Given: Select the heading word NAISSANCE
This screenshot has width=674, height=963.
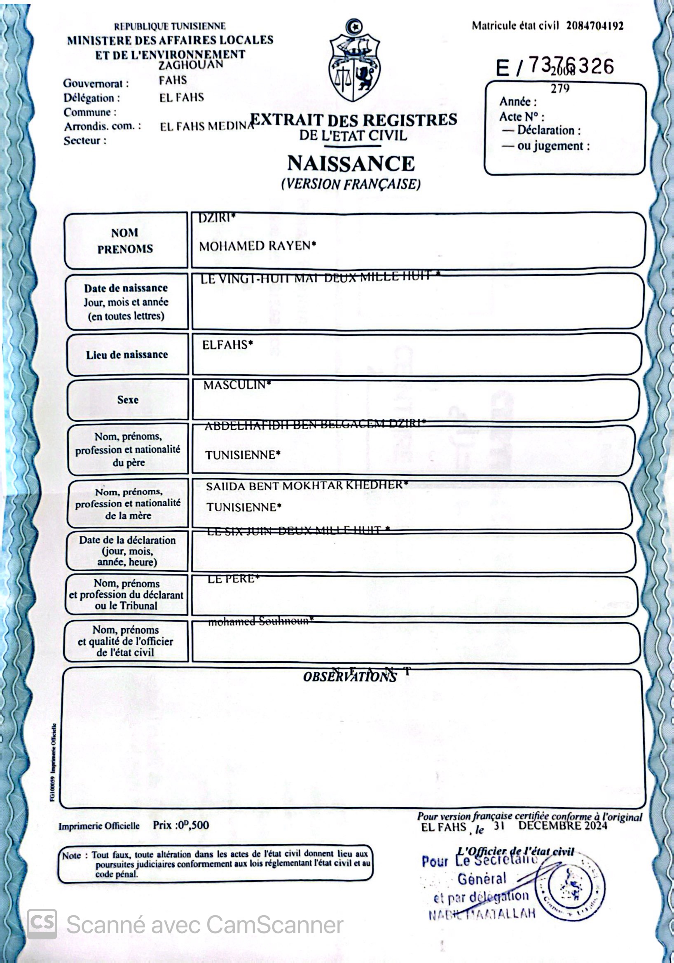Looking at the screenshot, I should coord(351,164).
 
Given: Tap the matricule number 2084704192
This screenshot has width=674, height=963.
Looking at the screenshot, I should coord(595,26).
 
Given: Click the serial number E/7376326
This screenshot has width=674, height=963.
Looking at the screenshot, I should coord(555,66).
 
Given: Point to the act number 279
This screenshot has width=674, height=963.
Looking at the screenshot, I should coord(560,89).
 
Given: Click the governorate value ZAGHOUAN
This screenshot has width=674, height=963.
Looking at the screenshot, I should coord(191,65).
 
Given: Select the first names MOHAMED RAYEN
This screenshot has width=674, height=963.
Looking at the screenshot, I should coord(257,246).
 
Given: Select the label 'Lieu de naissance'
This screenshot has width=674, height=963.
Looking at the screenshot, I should coord(126,355).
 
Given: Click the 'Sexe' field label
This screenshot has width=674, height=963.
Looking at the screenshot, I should coord(127,400).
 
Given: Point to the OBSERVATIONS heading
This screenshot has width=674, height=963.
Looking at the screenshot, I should coord(350,677).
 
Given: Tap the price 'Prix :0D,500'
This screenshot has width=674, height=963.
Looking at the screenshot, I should coord(181,825).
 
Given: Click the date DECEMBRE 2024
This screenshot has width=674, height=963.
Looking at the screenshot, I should coord(562,825).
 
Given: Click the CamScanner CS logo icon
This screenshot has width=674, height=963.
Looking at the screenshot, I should coord(42,924).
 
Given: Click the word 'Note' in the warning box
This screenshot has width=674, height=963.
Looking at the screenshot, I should coord(71,856).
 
